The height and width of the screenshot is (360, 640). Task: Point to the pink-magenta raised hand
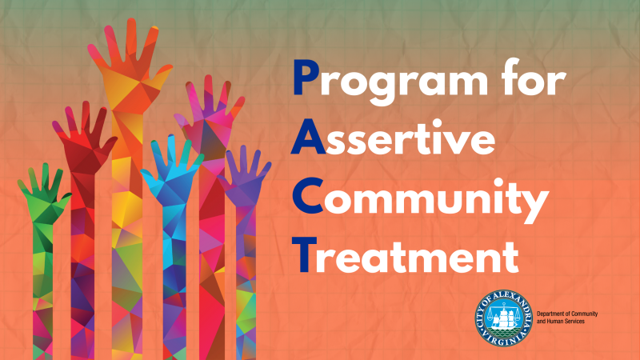tap(210, 112)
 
